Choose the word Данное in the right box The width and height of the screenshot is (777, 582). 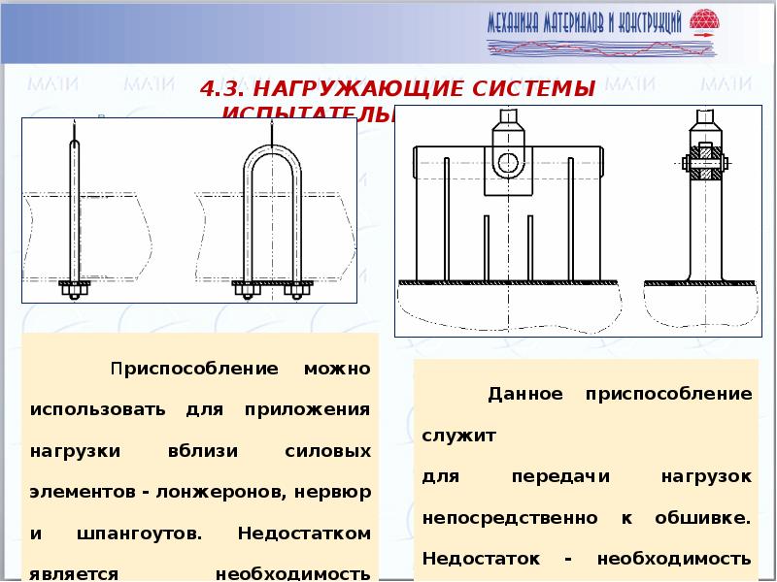point(524,395)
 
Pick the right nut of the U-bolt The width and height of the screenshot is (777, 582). point(298,289)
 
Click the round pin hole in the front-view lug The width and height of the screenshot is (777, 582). point(507,162)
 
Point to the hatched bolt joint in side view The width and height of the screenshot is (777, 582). point(704,160)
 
